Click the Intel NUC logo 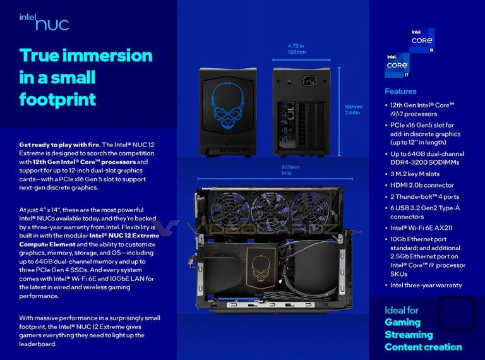coord(44,22)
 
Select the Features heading coord(400,92)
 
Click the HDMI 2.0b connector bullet coord(422,185)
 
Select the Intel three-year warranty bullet coord(426,285)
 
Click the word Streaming coord(409,334)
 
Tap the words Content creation coord(423,347)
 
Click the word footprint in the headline coord(57,99)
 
